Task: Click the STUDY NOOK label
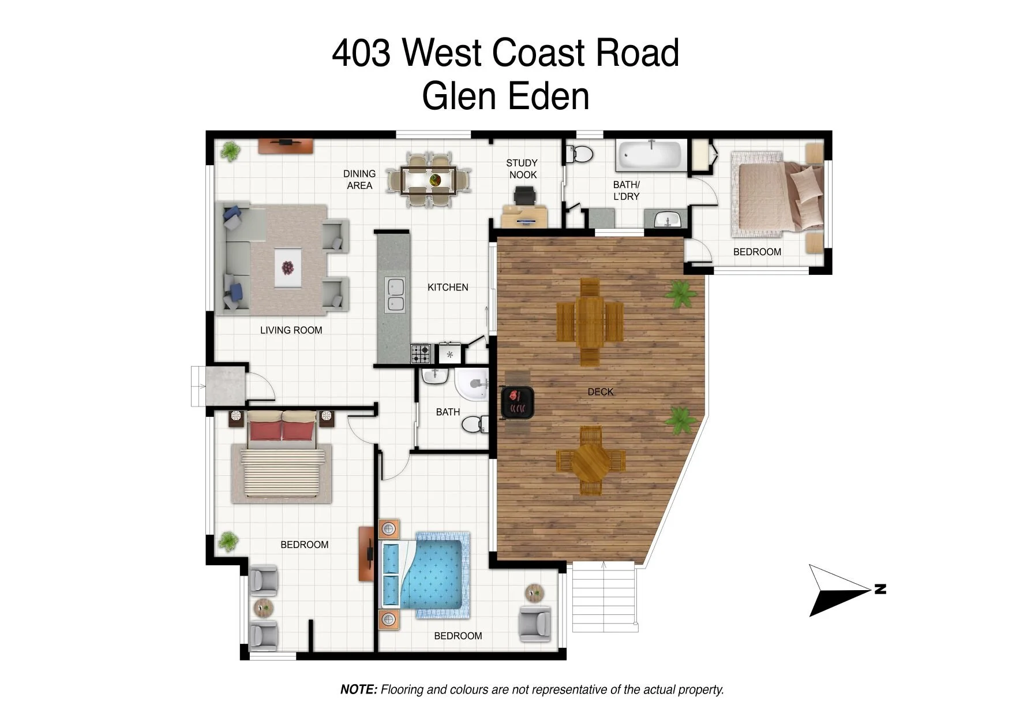point(522,169)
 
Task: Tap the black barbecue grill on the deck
point(517,402)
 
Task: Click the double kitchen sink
point(395,294)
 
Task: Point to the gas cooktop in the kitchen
point(421,353)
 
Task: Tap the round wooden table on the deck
point(591,462)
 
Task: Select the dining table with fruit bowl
point(429,180)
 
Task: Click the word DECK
point(601,391)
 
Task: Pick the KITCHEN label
point(448,287)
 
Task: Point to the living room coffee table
point(287,267)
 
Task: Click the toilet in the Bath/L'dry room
point(579,154)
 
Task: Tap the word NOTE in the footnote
point(359,689)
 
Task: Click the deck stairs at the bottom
point(604,597)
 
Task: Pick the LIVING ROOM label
point(291,330)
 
